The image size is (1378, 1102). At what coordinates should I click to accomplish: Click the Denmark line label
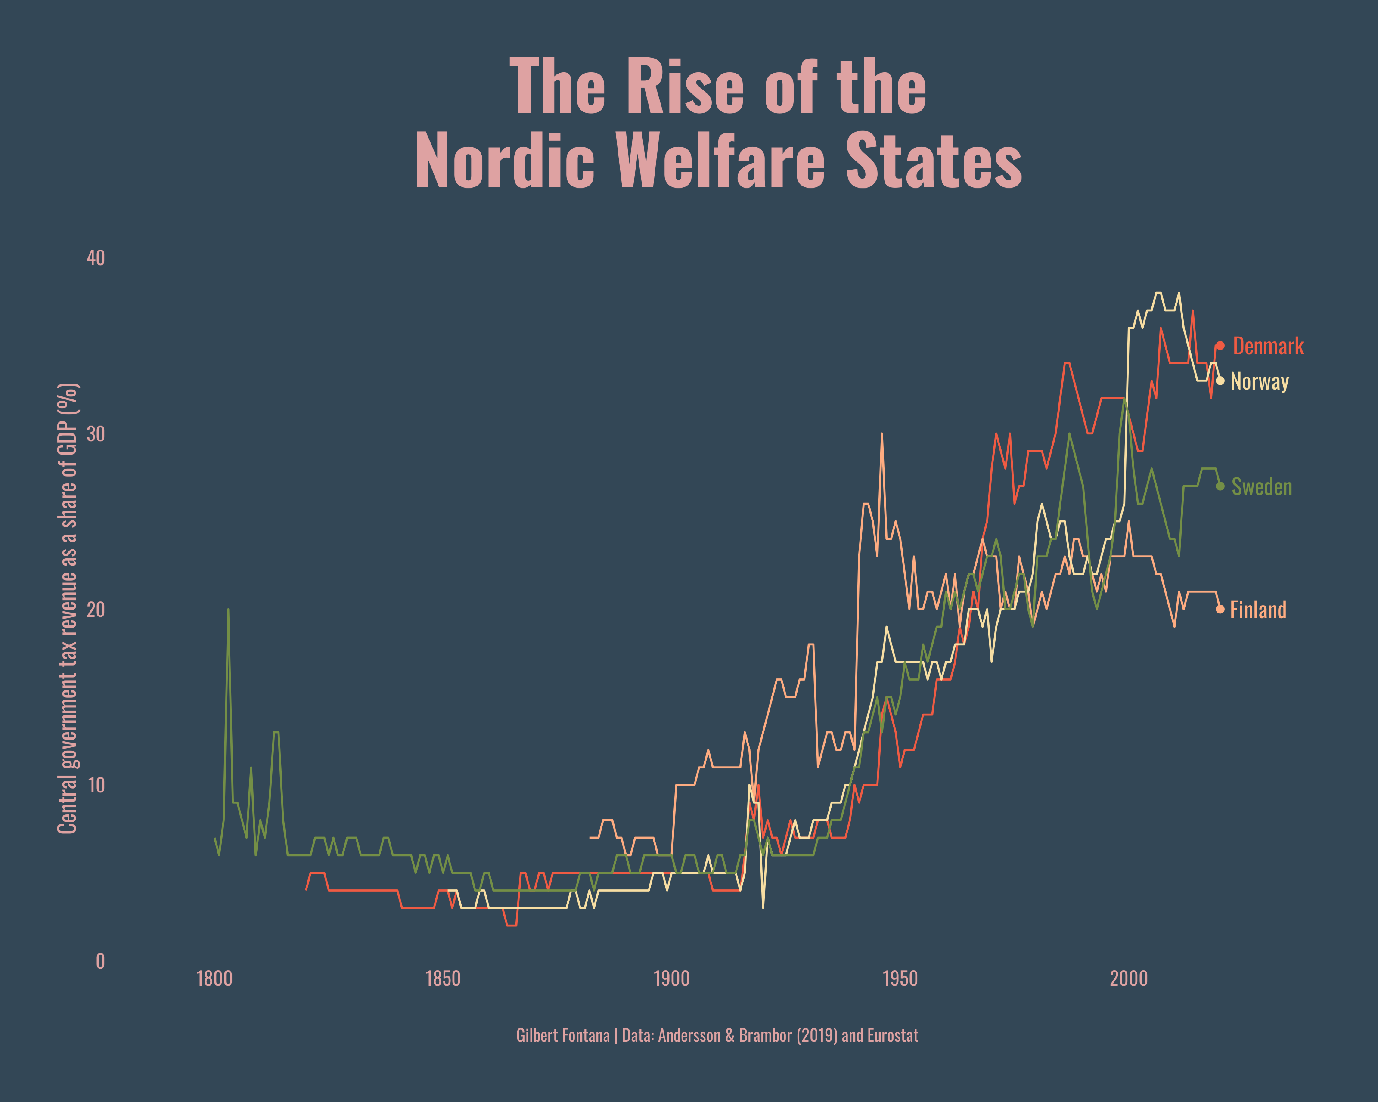[x=1267, y=346]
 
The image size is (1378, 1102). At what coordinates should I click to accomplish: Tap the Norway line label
[x=1259, y=381]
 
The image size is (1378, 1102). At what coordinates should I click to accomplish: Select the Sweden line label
[x=1261, y=487]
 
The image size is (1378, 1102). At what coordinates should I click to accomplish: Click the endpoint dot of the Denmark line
[x=1220, y=346]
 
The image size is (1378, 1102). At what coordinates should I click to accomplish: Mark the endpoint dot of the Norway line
[x=1220, y=381]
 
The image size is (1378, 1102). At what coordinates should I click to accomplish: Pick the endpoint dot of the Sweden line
[x=1220, y=486]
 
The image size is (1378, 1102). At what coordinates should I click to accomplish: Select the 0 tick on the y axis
[x=100, y=961]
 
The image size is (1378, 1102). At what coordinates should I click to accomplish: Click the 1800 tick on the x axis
[x=214, y=979]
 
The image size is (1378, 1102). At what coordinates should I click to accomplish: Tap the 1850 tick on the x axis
[x=443, y=979]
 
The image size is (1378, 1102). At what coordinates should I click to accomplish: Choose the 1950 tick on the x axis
[x=900, y=979]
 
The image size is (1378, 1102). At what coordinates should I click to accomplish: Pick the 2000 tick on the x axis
[x=1129, y=979]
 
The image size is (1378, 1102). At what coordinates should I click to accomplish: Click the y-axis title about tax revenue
[x=68, y=608]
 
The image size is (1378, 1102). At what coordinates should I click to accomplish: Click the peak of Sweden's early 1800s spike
[x=228, y=610]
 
